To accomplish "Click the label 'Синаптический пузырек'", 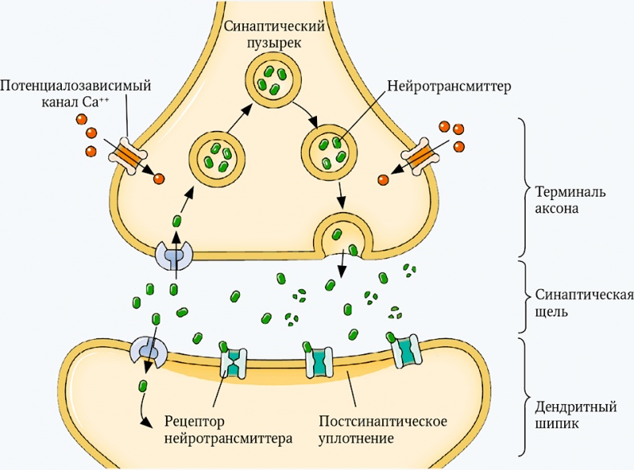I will coord(274,33).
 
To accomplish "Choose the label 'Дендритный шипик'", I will coord(565,411).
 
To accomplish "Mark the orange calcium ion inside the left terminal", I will coord(159,179).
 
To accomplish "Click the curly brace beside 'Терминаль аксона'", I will coord(524,186).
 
